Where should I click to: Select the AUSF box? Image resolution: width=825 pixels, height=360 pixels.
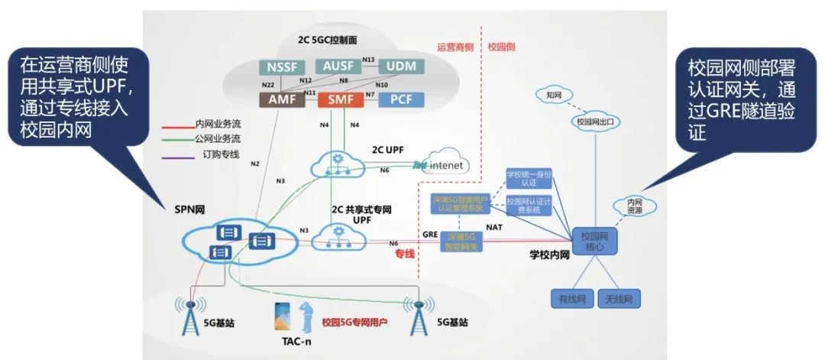point(337,66)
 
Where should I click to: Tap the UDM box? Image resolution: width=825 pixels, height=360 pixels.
point(396,66)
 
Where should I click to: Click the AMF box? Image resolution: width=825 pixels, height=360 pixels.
point(281,99)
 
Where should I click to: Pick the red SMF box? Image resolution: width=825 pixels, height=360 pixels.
point(338,99)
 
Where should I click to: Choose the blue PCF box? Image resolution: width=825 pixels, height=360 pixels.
point(400,99)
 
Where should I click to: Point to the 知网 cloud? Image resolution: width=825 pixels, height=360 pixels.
point(554,95)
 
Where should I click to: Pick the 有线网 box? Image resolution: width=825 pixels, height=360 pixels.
point(570,298)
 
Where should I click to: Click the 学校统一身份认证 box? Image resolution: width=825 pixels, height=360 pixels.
point(528,179)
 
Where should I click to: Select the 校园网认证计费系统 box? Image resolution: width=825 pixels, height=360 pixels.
point(528,204)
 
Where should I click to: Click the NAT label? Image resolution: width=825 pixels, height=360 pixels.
point(493,227)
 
